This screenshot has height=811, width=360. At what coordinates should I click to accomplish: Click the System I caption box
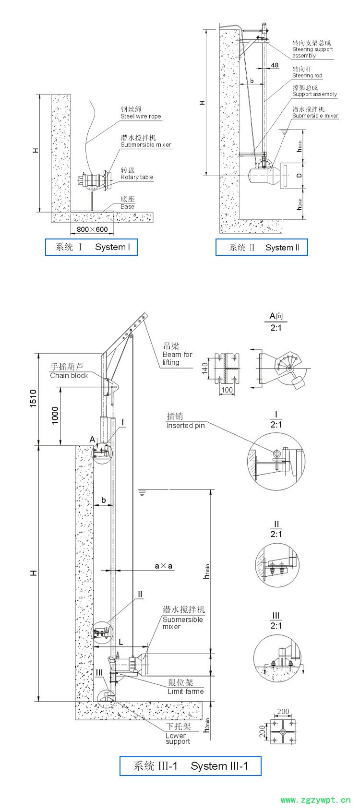pos(91,247)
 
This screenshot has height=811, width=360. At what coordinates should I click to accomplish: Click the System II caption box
pos(262,248)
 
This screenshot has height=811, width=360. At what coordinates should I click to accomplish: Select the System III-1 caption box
pos(191,766)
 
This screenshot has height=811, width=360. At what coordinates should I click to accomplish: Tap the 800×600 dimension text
pos(92,229)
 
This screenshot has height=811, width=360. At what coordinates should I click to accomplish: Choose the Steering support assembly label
pos(312,49)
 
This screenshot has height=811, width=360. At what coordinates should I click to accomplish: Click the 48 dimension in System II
pos(275,65)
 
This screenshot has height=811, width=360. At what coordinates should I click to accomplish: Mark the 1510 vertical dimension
pos(33,398)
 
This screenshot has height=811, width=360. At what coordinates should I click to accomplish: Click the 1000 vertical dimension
pos(55,415)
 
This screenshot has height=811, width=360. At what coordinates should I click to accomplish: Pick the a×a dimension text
pos(164,566)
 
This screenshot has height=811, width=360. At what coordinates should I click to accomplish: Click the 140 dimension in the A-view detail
pos(205,369)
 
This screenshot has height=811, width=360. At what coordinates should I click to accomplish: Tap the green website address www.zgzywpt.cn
pos(315,800)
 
